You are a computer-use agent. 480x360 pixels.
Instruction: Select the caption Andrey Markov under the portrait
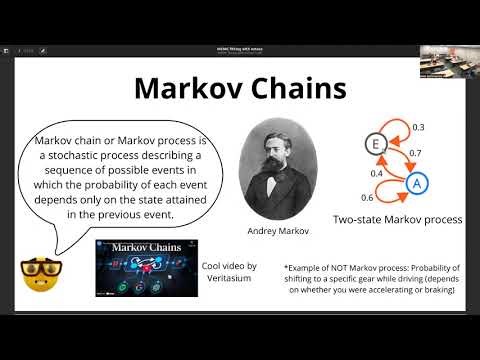pos(273,229)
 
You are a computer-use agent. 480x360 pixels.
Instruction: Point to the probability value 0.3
pos(417,128)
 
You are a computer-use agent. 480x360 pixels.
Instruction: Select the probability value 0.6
pos(368,197)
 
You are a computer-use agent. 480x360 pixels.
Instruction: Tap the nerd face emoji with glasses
pos(36,271)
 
